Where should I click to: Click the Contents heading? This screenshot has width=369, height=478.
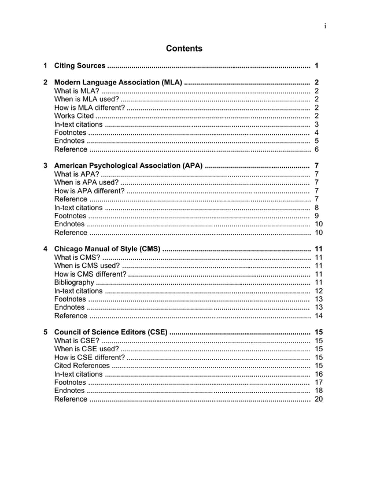coord(184,49)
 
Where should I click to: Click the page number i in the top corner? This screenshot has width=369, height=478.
coord(325,25)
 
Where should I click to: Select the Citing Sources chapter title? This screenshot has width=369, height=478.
coord(79,66)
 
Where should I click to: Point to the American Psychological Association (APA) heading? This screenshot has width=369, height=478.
coord(128,166)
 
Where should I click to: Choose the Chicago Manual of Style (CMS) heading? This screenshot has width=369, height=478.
coord(107,249)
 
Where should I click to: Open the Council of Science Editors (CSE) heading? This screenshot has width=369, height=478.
coord(110,332)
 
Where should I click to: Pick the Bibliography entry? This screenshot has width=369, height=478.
coord(74,282)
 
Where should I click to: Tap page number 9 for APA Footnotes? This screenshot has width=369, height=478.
coord(316,216)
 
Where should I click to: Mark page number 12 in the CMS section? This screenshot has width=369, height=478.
coord(319,291)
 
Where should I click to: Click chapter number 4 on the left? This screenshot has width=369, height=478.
coord(46,249)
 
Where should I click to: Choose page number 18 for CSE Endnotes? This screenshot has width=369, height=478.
coord(319,391)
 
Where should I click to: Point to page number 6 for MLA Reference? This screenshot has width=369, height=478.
coord(316,150)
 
